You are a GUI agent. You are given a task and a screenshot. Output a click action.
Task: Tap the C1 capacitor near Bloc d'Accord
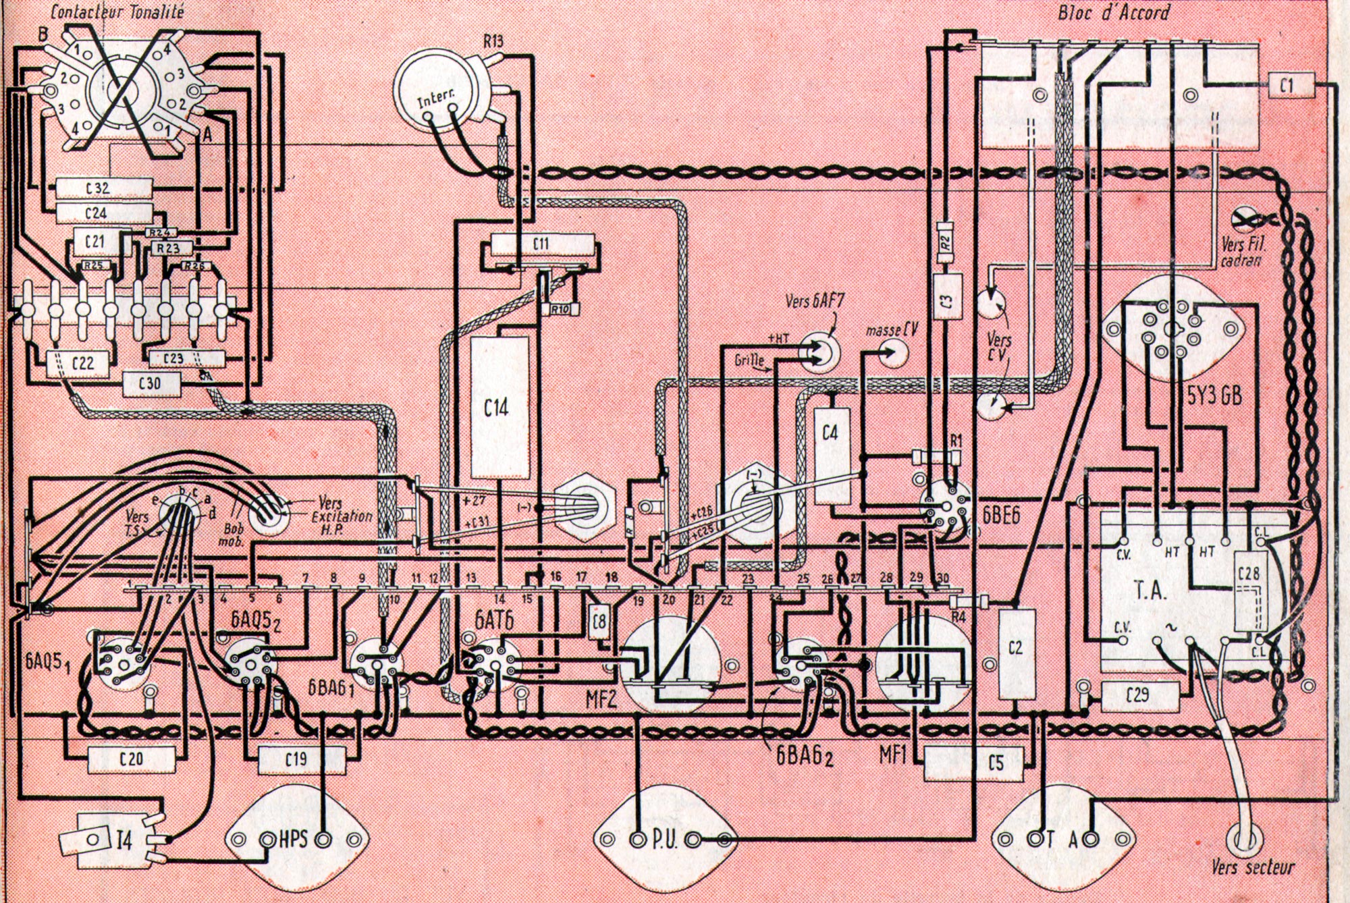click(x=1287, y=86)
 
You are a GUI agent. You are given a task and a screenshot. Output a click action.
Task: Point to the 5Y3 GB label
click(x=1214, y=395)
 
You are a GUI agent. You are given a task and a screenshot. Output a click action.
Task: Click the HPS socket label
click(x=293, y=840)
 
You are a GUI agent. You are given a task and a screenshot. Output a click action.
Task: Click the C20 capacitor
click(x=131, y=759)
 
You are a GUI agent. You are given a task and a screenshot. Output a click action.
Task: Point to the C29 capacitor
click(x=1140, y=693)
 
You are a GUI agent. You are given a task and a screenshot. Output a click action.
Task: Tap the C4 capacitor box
click(x=830, y=456)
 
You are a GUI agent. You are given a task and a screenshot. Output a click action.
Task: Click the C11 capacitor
click(x=540, y=244)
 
